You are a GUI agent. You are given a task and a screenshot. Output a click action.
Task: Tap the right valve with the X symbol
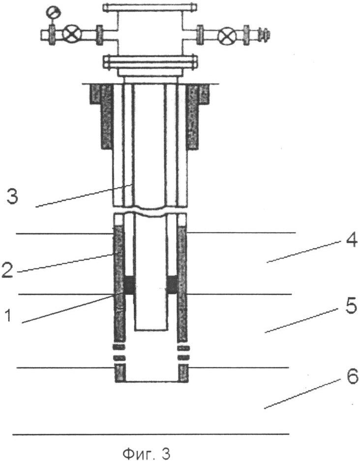(x=227, y=35)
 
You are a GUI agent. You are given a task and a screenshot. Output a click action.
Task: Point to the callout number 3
(x=12, y=197)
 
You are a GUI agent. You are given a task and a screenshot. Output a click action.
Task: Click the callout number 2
(x=7, y=270)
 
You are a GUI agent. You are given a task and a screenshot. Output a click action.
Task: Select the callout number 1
(x=8, y=315)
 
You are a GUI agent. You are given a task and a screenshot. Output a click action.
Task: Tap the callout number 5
(x=351, y=306)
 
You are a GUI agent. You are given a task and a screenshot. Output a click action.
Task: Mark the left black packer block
(x=130, y=285)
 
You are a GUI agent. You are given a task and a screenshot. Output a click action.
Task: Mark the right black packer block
(x=172, y=285)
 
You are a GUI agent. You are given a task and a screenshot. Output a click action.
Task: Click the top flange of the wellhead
(x=150, y=7)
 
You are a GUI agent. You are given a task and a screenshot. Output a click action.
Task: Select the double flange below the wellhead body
(x=150, y=62)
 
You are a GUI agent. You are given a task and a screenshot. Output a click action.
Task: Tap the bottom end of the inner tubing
(x=151, y=330)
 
